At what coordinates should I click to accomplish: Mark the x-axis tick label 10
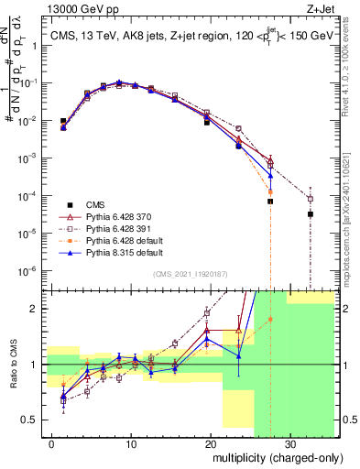132,442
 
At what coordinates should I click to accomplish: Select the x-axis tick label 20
210,442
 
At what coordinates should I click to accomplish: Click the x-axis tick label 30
289,442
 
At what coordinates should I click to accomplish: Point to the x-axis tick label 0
53,442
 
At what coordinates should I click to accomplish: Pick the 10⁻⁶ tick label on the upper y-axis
30,271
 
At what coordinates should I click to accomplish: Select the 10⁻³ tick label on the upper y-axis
30,158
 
